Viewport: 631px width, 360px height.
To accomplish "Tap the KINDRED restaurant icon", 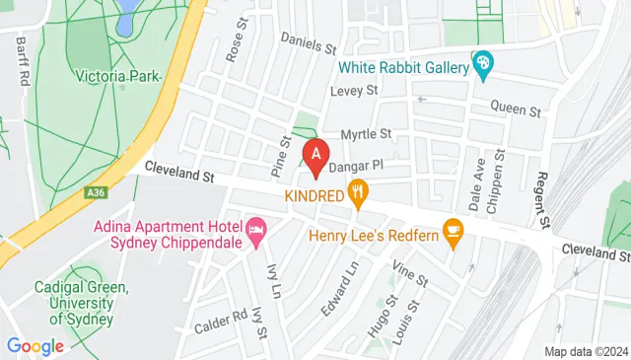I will pos(360,195).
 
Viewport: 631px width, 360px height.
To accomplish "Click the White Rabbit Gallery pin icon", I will pos(481,67).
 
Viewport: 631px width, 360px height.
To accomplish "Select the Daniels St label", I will pos(309,41).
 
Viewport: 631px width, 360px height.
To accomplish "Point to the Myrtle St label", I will pos(366,133).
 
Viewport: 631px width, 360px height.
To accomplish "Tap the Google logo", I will pos(35,346).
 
